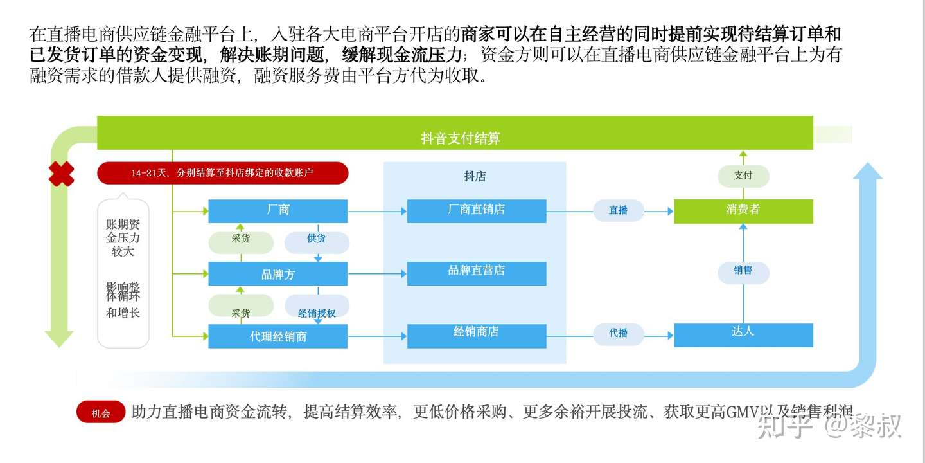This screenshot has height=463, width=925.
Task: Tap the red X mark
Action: click(x=62, y=174)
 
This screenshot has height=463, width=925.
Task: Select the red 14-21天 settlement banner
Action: click(x=222, y=173)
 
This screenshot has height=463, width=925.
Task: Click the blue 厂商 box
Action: click(x=277, y=211)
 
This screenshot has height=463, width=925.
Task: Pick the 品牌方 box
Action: click(x=277, y=274)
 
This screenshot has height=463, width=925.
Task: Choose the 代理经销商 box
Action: click(x=277, y=336)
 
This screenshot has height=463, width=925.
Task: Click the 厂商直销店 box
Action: click(x=476, y=211)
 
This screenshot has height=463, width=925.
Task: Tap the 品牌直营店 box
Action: click(x=476, y=273)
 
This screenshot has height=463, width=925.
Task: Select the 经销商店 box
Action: click(x=476, y=334)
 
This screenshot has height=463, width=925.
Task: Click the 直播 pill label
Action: click(x=618, y=210)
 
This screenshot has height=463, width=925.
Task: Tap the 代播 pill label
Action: click(x=618, y=333)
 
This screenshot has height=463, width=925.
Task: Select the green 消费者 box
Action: click(x=743, y=211)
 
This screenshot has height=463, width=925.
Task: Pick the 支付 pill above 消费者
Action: click(x=743, y=176)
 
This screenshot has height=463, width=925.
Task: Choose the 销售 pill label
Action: click(x=743, y=271)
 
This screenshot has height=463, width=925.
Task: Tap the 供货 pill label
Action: click(x=316, y=239)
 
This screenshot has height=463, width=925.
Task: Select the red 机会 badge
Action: click(x=101, y=413)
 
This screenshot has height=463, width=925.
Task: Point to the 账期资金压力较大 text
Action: click(x=123, y=238)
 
